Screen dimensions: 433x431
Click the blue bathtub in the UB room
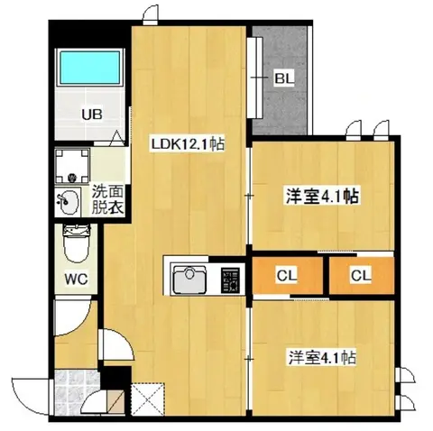point(89,67)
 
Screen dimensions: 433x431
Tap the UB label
point(92,115)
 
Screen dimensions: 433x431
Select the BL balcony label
point(283,78)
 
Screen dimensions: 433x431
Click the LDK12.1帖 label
point(188,144)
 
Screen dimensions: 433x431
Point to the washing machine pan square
point(72,166)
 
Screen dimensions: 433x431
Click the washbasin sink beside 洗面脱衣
point(68,201)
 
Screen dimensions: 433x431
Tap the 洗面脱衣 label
point(107,199)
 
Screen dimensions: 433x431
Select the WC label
point(76,280)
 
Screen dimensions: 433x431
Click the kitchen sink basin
point(189,278)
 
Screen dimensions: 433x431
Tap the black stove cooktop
point(230,280)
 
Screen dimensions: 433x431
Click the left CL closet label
point(287,275)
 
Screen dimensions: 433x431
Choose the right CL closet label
point(361,275)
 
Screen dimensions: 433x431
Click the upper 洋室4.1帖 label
point(322,197)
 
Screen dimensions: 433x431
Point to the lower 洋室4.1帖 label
point(322,358)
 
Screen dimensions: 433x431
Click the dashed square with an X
point(148,399)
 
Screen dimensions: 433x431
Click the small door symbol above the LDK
point(150,14)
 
